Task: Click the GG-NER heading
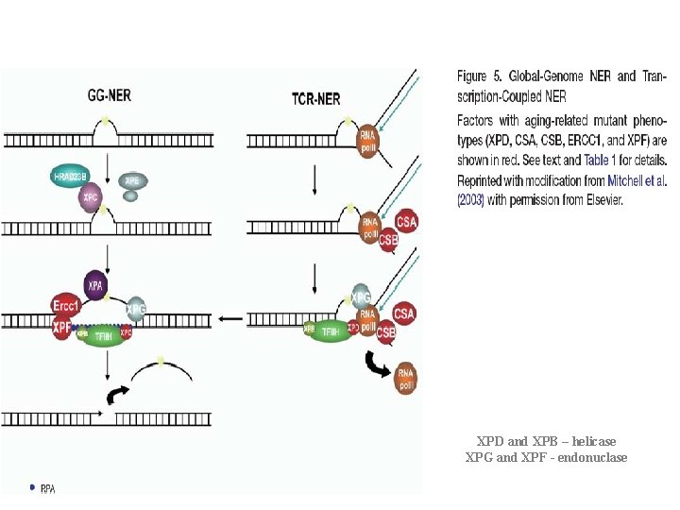click(110, 95)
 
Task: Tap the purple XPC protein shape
click(91, 197)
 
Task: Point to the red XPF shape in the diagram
click(62, 329)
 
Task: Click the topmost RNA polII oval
click(367, 141)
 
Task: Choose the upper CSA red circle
click(406, 222)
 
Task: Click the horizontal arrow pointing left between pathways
click(230, 318)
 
